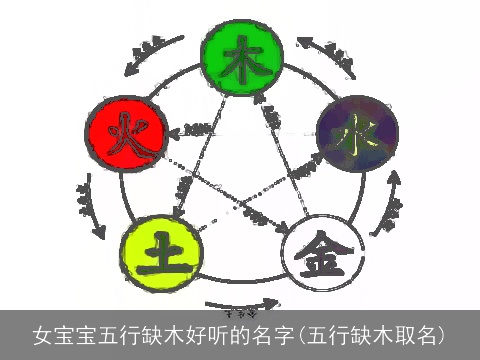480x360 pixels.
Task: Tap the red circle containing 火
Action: [124, 131]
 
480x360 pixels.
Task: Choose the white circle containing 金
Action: [320, 247]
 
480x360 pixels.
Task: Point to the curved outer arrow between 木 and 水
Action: [328, 55]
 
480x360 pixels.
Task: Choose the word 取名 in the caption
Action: [414, 333]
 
